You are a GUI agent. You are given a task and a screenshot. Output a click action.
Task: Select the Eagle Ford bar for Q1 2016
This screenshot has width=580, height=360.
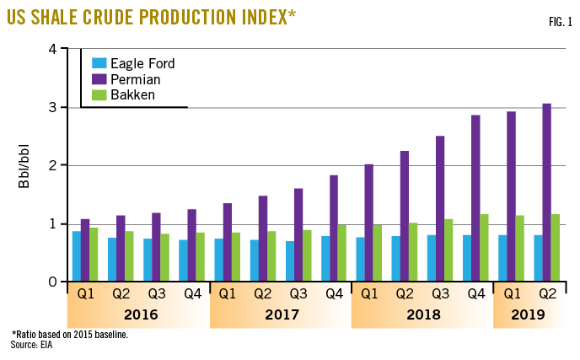pyautogui.click(x=77, y=256)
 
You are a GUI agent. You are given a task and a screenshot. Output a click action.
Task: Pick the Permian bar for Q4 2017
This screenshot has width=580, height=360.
pyautogui.click(x=335, y=228)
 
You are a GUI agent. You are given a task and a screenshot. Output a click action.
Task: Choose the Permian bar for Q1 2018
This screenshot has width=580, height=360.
pyautogui.click(x=369, y=223)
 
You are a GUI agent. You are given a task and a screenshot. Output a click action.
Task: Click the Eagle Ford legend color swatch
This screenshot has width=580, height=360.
pyautogui.click(x=99, y=63)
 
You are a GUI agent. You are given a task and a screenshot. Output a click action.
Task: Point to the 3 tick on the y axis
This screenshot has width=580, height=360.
pyautogui.click(x=52, y=107)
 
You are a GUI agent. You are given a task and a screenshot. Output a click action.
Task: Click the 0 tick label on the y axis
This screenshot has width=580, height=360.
pyautogui.click(x=52, y=282)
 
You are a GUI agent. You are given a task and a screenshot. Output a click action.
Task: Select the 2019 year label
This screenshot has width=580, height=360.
pyautogui.click(x=528, y=315)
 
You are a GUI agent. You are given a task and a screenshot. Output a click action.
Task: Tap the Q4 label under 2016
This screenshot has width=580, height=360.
pyautogui.click(x=193, y=295)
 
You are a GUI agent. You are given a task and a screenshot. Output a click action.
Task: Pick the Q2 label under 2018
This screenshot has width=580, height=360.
pyautogui.click(x=405, y=295)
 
